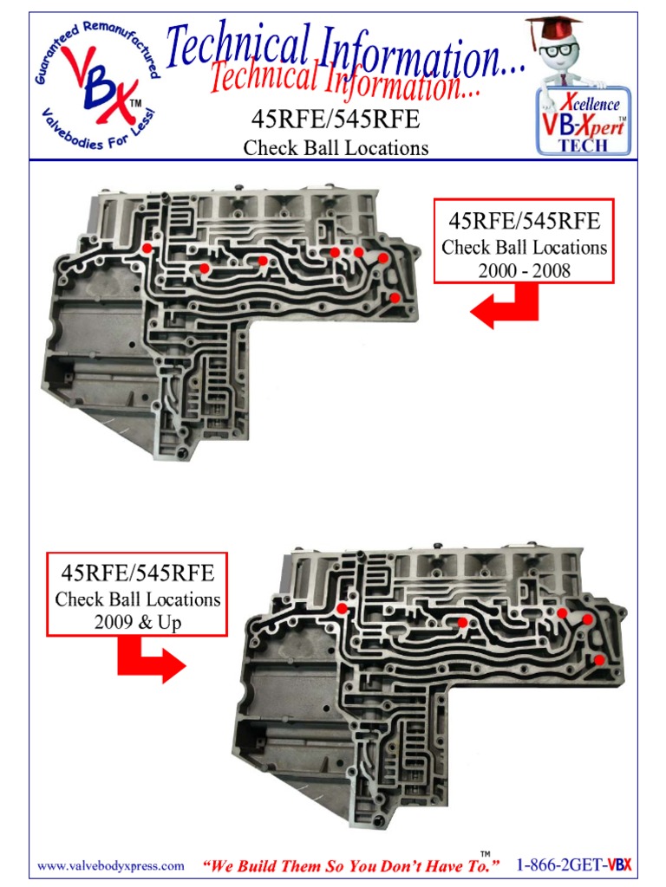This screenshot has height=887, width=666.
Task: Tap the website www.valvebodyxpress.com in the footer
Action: (110, 865)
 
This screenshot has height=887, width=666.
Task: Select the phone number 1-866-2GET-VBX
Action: (573, 864)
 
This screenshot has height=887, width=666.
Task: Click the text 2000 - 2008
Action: (524, 271)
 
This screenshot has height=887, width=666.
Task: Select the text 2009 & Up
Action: (139, 623)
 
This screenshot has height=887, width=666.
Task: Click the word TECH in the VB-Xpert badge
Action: (583, 146)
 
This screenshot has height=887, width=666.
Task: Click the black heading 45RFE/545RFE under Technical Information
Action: (335, 119)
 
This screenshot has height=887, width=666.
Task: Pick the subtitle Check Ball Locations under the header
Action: (336, 148)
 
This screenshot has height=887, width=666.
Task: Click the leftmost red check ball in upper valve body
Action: (147, 249)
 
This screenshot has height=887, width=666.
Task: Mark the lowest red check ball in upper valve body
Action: (395, 298)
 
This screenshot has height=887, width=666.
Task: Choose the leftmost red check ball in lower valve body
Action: (343, 609)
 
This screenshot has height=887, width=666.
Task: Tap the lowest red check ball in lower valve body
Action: (599, 660)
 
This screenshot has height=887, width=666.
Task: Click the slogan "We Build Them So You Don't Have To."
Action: (351, 865)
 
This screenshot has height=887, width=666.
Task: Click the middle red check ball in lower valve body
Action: (463, 622)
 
